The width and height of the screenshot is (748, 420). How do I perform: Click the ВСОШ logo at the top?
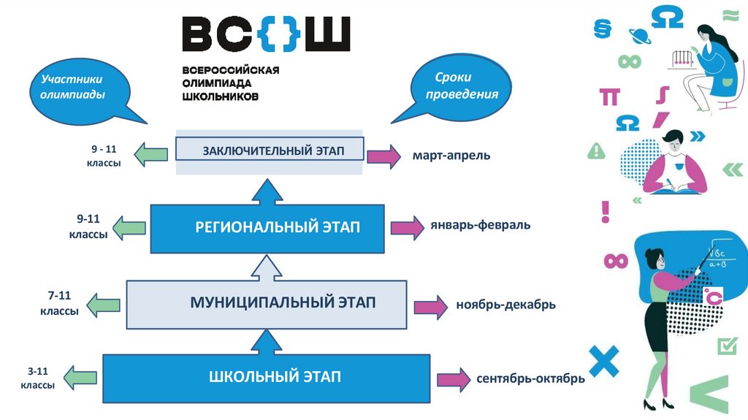[x=266, y=34]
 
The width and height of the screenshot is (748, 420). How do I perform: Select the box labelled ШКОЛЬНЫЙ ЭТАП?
[x=264, y=378]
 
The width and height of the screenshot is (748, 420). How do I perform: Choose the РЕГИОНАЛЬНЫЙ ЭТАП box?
[x=266, y=228]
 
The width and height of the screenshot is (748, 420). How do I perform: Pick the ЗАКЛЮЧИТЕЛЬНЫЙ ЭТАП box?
[x=270, y=150]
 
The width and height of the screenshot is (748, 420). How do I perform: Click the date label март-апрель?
[x=451, y=156]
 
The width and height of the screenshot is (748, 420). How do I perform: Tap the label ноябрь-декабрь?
[x=505, y=305]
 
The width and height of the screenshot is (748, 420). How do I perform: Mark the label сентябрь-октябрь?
[x=530, y=379]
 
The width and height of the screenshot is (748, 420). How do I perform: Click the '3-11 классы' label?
[x=37, y=378]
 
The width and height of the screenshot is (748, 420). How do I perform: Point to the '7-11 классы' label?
[x=59, y=303]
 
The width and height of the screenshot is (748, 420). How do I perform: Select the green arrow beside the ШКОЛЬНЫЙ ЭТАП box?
[x=81, y=378]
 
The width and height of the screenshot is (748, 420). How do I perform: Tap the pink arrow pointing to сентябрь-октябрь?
[x=454, y=379]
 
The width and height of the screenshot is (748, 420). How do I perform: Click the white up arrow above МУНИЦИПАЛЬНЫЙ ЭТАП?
[x=267, y=267]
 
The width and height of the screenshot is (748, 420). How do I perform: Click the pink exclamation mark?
[x=605, y=211]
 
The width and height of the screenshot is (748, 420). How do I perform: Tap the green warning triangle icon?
[x=596, y=151]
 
